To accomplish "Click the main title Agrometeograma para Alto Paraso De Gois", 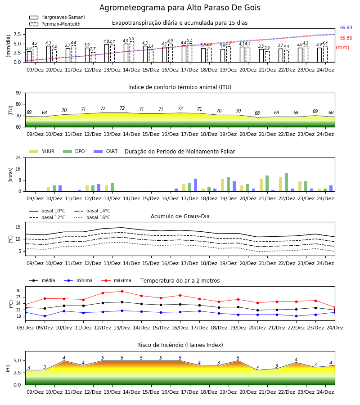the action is (x=180, y=8).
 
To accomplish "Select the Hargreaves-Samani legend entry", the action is (x=57, y=17).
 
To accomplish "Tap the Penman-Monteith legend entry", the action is (x=55, y=24).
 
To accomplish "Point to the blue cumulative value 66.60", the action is (x=346, y=27).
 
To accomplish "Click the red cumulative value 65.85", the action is (x=346, y=38).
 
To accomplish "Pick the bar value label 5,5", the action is (x=131, y=39).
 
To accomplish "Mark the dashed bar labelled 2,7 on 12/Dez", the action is (x=93, y=57).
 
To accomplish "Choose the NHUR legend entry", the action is (x=42, y=151).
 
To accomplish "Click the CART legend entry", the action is (x=106, y=151).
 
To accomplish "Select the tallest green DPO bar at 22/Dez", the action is (x=286, y=182).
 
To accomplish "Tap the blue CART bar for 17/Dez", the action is (x=195, y=185).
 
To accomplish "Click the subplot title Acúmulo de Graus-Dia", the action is (x=180, y=216).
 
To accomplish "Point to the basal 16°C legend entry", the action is (x=92, y=217).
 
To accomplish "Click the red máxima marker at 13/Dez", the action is (x=122, y=291).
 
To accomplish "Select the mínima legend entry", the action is (x=78, y=280).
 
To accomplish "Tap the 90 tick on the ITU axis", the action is (x=18, y=93).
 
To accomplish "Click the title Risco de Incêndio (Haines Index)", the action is (x=180, y=345).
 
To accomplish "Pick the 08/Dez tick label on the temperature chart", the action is (x=25, y=328).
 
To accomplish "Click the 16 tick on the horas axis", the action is (x=18, y=169).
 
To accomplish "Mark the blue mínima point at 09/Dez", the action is (x=45, y=316).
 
